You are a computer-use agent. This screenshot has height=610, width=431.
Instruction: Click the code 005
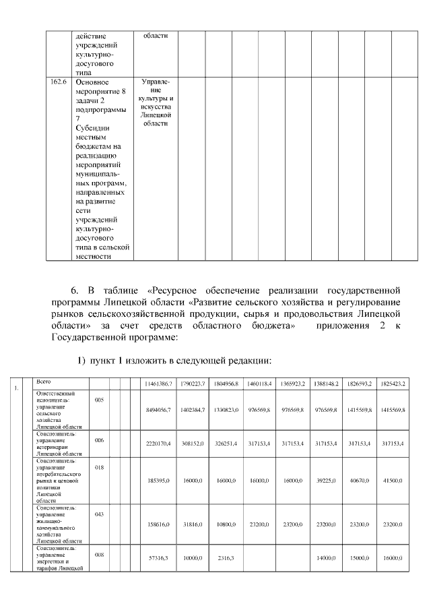click(99, 400)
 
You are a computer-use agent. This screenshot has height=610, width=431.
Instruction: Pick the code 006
click(99, 439)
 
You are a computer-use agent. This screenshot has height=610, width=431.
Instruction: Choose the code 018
click(99, 466)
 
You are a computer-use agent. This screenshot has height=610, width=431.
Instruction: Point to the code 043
click(99, 514)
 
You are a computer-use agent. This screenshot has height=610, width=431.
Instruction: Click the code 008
click(99, 555)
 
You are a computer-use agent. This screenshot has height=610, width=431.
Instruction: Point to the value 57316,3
click(161, 559)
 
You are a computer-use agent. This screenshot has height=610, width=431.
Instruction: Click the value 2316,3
click(224, 559)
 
